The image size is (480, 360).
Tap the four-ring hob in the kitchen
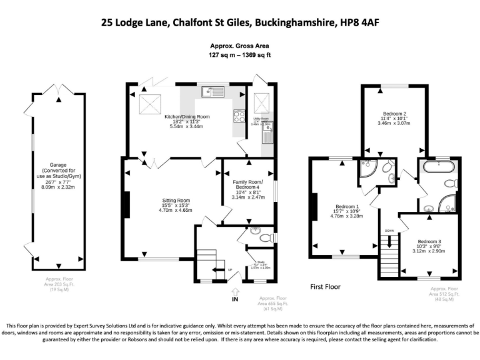[x=239, y=115]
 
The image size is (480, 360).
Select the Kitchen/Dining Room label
[x=186, y=117]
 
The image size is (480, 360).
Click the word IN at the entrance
[x=235, y=300]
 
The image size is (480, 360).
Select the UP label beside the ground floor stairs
[x=229, y=270]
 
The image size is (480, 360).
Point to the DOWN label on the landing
[x=389, y=229]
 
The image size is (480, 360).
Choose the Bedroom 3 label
[x=429, y=241]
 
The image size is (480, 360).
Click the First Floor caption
[x=325, y=287]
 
